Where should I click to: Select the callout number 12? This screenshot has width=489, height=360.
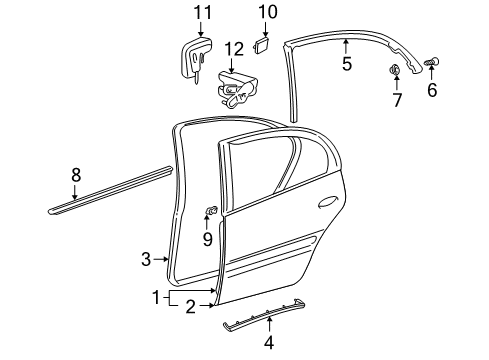[233, 49]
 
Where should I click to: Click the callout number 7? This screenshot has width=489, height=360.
[396, 100]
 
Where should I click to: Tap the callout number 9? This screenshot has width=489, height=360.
[208, 239]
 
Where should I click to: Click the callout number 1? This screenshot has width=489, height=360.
[155, 298]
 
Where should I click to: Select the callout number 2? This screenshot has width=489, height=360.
[188, 308]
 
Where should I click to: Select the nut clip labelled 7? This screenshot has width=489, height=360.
[395, 70]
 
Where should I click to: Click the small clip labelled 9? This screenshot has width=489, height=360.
[212, 210]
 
